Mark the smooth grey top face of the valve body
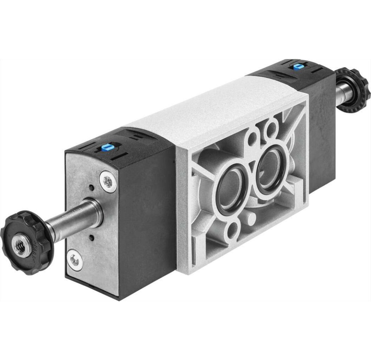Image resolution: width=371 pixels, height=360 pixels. point(203,109)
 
